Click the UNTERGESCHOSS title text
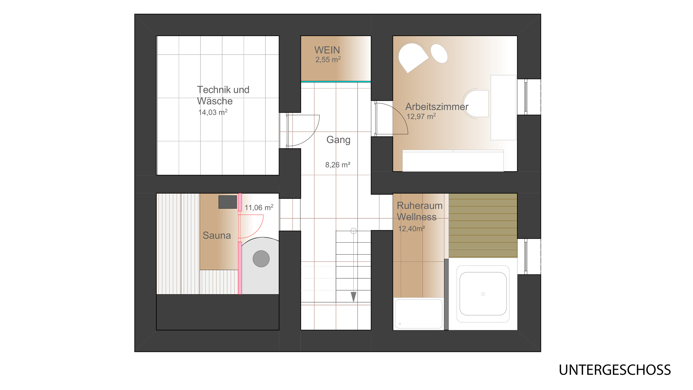pyautogui.click(x=615, y=370)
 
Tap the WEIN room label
pyautogui.click(x=327, y=50)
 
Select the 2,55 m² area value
pyautogui.click(x=328, y=60)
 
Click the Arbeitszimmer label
pyautogui.click(x=437, y=107)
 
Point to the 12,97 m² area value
pyautogui.click(x=421, y=117)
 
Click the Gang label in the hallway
pyautogui.click(x=338, y=140)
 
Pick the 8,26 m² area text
pyautogui.click(x=338, y=165)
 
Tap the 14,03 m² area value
pyautogui.click(x=213, y=112)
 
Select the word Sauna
pyautogui.click(x=217, y=235)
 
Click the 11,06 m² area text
pyautogui.click(x=259, y=208)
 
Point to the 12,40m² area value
pyautogui.click(x=411, y=229)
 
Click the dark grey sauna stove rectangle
pyautogui.click(x=228, y=202)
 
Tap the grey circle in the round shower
pyautogui.click(x=261, y=259)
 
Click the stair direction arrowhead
pyautogui.click(x=354, y=297)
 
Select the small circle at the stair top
pyautogui.click(x=354, y=231)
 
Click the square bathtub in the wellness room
pyautogui.click(x=483, y=294)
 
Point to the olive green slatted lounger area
pyautogui.click(x=483, y=225)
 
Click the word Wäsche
pyautogui.click(x=215, y=101)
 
